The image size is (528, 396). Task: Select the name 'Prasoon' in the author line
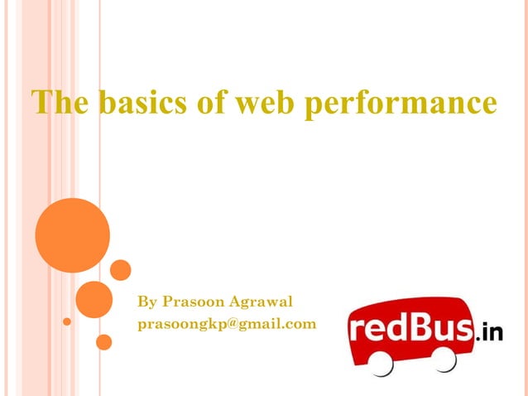click(x=190, y=301)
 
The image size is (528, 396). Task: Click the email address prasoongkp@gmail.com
click(x=227, y=324)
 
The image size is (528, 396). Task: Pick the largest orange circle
click(x=73, y=235)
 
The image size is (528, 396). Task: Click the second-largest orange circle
click(x=94, y=299)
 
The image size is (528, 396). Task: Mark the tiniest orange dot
click(x=67, y=321)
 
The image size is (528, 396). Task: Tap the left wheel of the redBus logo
click(x=382, y=362)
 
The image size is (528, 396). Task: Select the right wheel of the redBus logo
click(x=444, y=358)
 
